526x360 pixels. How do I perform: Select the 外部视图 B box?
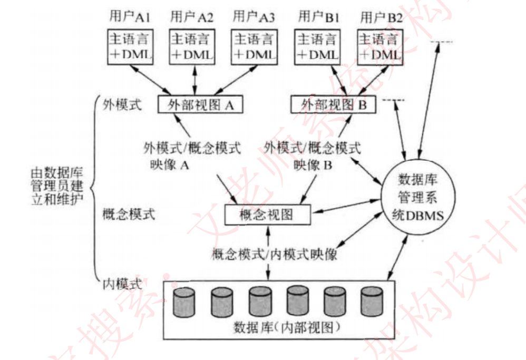[x=333, y=104]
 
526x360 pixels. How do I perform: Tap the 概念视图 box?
[x=266, y=215]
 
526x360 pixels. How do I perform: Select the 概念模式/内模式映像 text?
[x=274, y=255]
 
